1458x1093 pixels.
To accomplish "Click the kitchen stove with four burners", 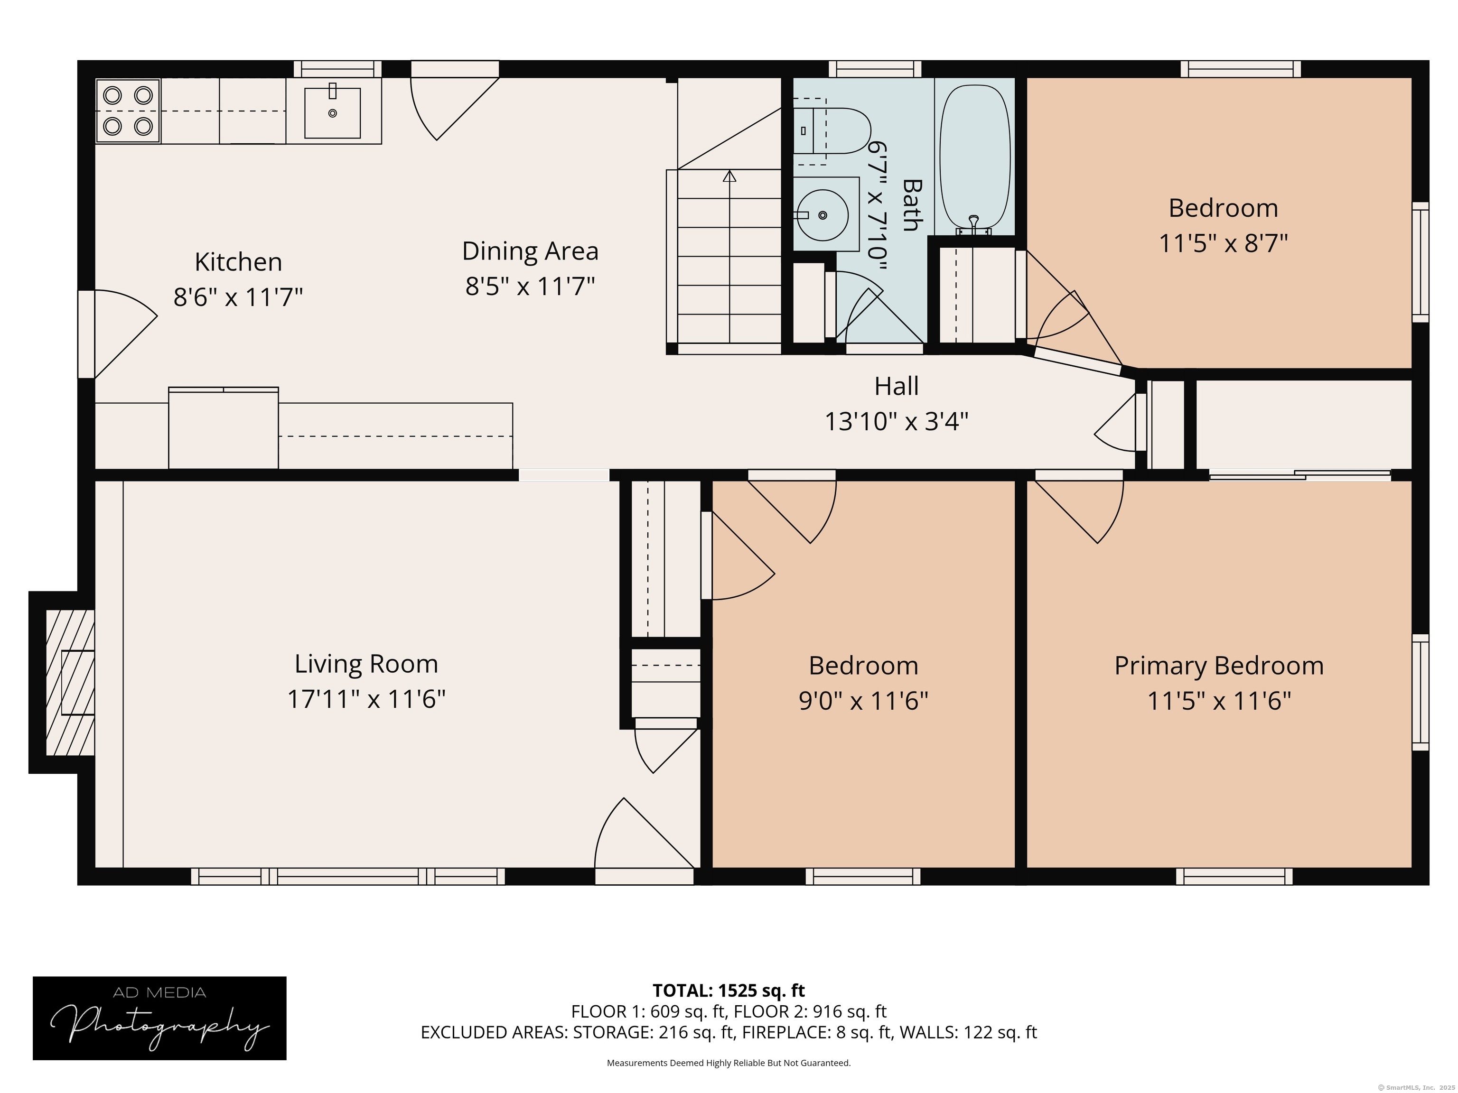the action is coord(129,111).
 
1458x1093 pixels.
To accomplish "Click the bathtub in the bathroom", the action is coord(975,159).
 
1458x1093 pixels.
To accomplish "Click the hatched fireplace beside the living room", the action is coord(70,682).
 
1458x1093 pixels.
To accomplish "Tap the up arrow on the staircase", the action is coord(729,176).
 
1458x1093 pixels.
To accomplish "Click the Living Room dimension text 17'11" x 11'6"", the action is coord(366,699).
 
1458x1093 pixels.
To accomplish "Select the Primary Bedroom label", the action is coord(1219,666).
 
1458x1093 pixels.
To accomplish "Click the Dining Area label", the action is coord(530,251).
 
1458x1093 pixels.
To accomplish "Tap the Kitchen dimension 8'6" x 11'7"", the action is coord(238,297).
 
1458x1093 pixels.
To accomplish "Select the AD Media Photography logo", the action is coord(159,1018).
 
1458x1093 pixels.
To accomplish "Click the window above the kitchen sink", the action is coord(337,69).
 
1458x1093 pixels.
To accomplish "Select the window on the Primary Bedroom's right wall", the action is coord(1421,693).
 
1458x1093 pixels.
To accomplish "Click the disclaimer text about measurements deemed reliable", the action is coord(729,1063).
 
